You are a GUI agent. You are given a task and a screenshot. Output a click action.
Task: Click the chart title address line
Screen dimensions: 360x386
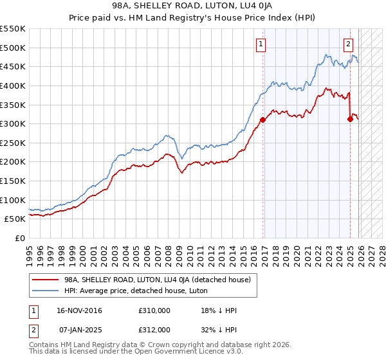(x=193, y=6)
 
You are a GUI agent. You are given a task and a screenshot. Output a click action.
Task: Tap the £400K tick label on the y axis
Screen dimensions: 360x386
(x=13, y=85)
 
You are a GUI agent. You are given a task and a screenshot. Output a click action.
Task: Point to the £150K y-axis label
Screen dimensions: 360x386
(x=13, y=181)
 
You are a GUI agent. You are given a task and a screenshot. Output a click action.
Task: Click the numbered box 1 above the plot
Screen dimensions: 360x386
(x=261, y=44)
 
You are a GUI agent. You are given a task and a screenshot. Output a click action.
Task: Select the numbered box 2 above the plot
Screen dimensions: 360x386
(x=348, y=44)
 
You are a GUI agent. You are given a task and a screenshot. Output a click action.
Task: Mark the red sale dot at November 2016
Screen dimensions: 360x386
(x=263, y=120)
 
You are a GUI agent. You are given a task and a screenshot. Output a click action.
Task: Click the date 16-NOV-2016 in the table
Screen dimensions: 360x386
(x=80, y=311)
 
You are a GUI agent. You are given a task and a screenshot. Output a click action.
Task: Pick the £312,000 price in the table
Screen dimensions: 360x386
(x=154, y=329)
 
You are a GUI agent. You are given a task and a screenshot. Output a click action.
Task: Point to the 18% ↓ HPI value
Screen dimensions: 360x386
(x=219, y=311)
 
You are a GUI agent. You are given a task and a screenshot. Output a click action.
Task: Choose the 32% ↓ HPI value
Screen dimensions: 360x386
(x=219, y=329)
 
